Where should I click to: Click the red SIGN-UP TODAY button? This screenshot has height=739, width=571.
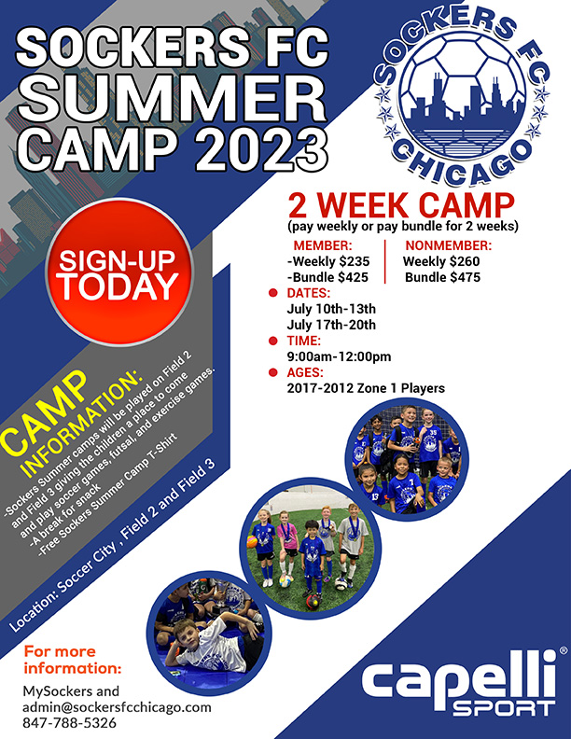pyautogui.click(x=119, y=272)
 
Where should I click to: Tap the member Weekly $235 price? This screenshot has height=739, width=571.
pyautogui.click(x=328, y=261)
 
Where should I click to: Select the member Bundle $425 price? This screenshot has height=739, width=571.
pyautogui.click(x=327, y=277)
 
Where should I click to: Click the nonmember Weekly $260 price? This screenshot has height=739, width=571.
pyautogui.click(x=441, y=261)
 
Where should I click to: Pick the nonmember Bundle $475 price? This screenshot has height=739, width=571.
pyautogui.click(x=442, y=277)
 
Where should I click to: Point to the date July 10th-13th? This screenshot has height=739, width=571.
pyautogui.click(x=331, y=309)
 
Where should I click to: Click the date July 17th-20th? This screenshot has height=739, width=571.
pyautogui.click(x=331, y=325)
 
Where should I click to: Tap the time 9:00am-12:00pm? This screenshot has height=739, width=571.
pyautogui.click(x=339, y=356)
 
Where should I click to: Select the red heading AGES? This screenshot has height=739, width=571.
pyautogui.click(x=305, y=372)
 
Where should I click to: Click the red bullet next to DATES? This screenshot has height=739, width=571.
pyautogui.click(x=272, y=293)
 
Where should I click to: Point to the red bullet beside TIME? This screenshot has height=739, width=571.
pyautogui.click(x=272, y=341)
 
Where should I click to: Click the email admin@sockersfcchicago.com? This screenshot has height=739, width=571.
pyautogui.click(x=117, y=707)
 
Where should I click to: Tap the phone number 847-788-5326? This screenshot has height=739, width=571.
pyautogui.click(x=69, y=722)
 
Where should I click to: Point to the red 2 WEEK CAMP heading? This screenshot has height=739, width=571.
pyautogui.click(x=401, y=205)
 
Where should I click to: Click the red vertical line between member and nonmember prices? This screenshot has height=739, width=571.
pyautogui.click(x=385, y=261)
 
